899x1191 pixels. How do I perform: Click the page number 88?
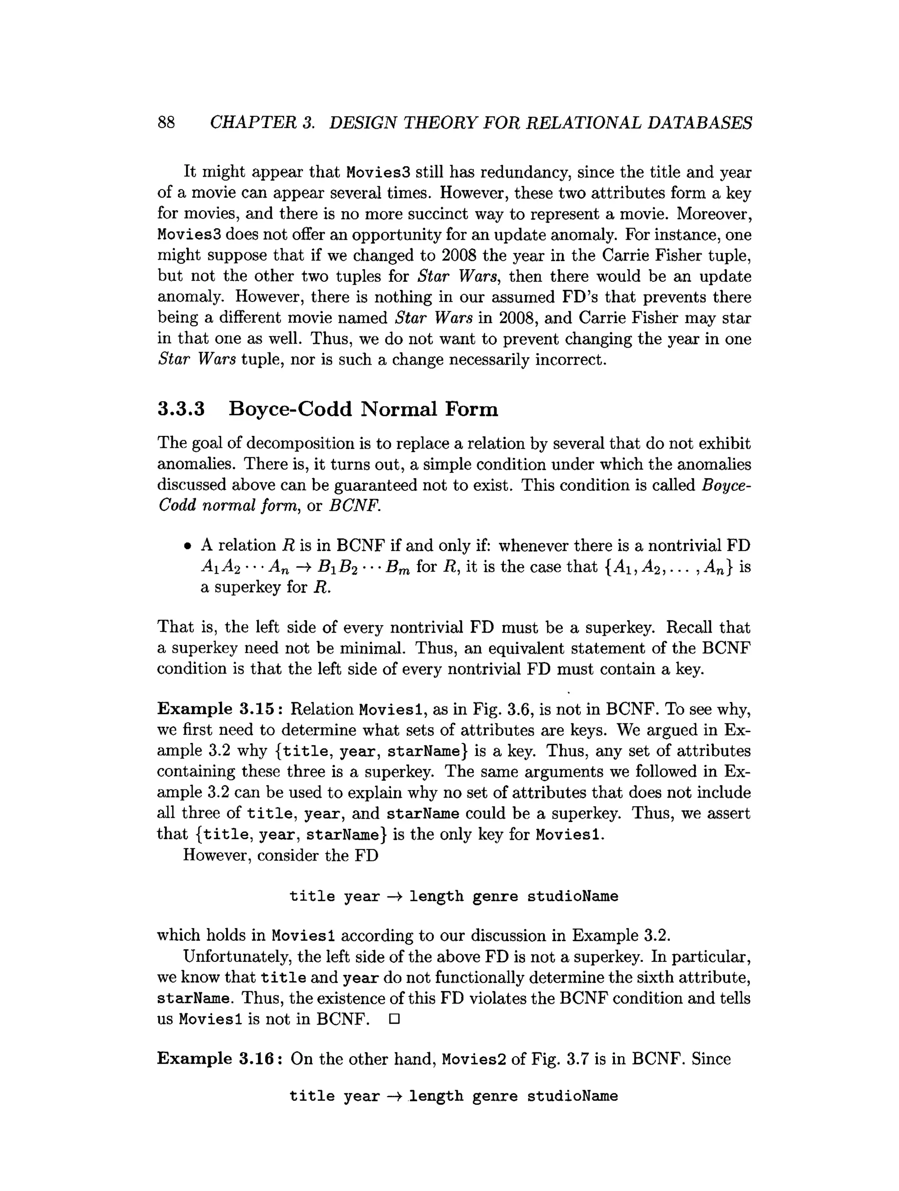coord(166,123)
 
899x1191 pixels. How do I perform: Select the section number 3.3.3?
coord(181,409)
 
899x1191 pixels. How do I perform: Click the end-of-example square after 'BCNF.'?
coord(393,1019)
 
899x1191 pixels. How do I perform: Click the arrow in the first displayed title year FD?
coord(395,896)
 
